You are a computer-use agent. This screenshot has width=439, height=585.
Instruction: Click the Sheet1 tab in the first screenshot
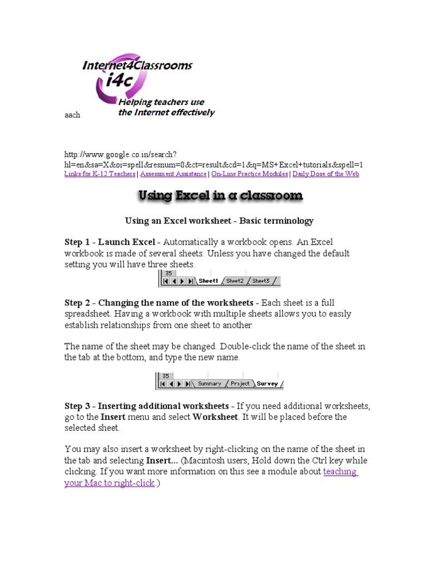208,281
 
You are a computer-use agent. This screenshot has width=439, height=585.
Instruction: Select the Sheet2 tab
235,281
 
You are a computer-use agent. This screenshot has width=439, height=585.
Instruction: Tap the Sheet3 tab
261,281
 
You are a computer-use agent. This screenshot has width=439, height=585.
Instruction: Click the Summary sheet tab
209,384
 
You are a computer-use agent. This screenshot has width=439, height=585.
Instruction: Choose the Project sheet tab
240,384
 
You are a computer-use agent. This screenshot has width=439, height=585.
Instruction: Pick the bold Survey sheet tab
268,384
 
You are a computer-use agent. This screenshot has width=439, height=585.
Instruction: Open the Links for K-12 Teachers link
100,174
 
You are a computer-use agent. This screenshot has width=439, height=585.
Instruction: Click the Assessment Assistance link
174,174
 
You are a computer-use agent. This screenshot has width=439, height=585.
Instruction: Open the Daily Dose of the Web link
326,174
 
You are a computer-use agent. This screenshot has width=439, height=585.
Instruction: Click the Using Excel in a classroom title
221,196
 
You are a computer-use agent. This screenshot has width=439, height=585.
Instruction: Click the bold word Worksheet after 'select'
215,417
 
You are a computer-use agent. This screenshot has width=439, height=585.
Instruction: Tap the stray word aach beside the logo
72,115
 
